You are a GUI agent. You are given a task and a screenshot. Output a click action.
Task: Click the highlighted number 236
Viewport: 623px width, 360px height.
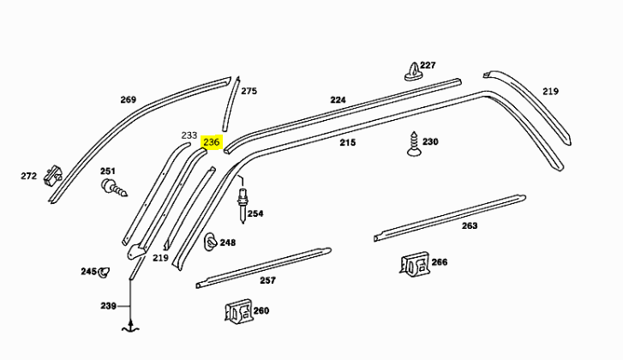click(212, 143)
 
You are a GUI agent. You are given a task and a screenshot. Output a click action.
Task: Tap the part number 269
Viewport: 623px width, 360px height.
click(128, 100)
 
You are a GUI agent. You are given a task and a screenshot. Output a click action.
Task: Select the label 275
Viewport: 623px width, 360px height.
click(249, 91)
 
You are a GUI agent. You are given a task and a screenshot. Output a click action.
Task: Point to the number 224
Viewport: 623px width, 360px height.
click(338, 100)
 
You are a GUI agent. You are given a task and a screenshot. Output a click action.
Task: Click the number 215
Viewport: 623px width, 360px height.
click(346, 142)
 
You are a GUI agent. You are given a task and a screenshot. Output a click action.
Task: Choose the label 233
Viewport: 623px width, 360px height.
click(189, 135)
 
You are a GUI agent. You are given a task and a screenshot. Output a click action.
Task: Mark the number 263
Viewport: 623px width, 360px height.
click(469, 226)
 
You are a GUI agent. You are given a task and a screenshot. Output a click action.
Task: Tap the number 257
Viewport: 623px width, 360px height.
click(267, 280)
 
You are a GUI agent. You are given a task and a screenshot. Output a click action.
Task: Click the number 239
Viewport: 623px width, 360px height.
click(108, 306)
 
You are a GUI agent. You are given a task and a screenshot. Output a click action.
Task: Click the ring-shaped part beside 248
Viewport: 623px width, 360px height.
click(209, 243)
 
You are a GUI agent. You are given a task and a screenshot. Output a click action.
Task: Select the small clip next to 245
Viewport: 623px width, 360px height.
click(104, 273)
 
